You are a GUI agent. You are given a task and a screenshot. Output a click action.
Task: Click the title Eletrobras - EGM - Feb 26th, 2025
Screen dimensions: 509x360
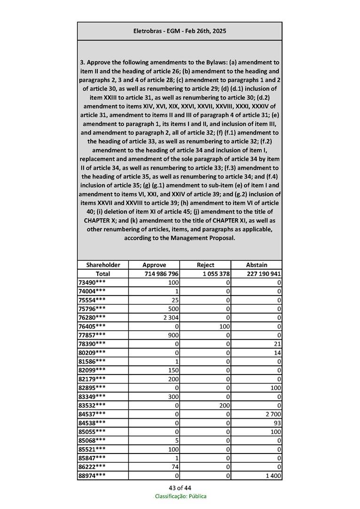pyautogui.click(x=180, y=31)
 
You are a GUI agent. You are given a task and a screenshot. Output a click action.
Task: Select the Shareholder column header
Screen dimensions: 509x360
pyautogui.click(x=103, y=265)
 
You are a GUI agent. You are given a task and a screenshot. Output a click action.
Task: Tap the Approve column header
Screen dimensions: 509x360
pyautogui.click(x=154, y=265)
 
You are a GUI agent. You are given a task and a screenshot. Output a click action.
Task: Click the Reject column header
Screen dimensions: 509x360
pyautogui.click(x=205, y=265)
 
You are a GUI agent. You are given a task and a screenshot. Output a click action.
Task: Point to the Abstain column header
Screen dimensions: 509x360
pyautogui.click(x=257, y=265)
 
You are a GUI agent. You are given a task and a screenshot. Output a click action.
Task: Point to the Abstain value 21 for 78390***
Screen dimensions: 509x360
pyautogui.click(x=277, y=343)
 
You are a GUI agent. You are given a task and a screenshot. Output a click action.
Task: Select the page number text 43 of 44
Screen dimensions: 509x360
pyautogui.click(x=180, y=487)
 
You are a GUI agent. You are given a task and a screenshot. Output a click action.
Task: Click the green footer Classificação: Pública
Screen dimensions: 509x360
pyautogui.click(x=180, y=496)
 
